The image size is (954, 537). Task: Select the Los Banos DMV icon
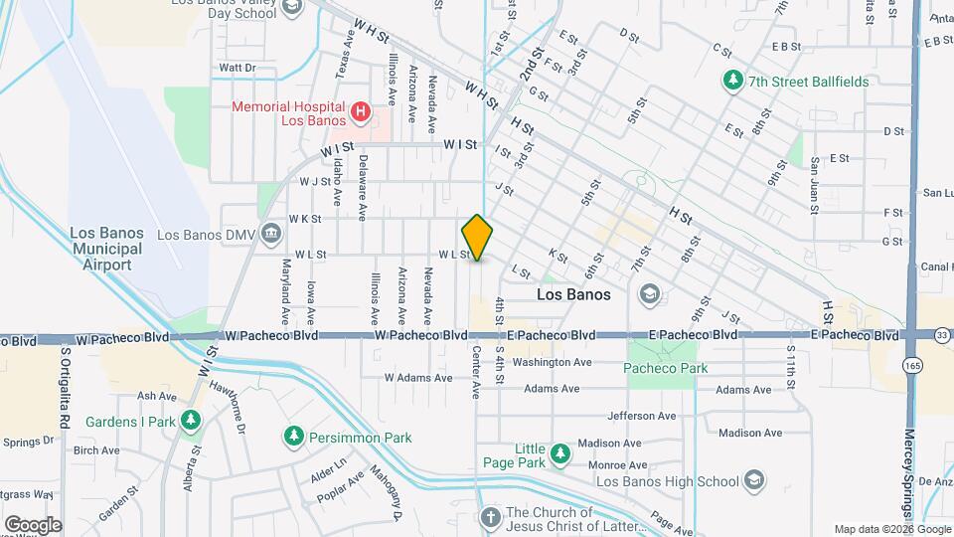click(x=269, y=235)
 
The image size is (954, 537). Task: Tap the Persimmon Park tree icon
click(x=293, y=437)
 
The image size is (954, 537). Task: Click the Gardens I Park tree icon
click(x=193, y=422)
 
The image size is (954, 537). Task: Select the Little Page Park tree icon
click(x=560, y=453)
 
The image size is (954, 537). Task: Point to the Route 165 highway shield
click(x=912, y=365)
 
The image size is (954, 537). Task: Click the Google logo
click(x=33, y=524)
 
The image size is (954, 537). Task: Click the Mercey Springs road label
click(x=909, y=467)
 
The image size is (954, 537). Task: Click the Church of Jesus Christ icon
click(x=489, y=518)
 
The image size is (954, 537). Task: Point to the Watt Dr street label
click(x=238, y=68)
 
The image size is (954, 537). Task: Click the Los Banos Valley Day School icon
click(x=292, y=9)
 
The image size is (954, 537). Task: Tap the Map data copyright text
click(x=890, y=529)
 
